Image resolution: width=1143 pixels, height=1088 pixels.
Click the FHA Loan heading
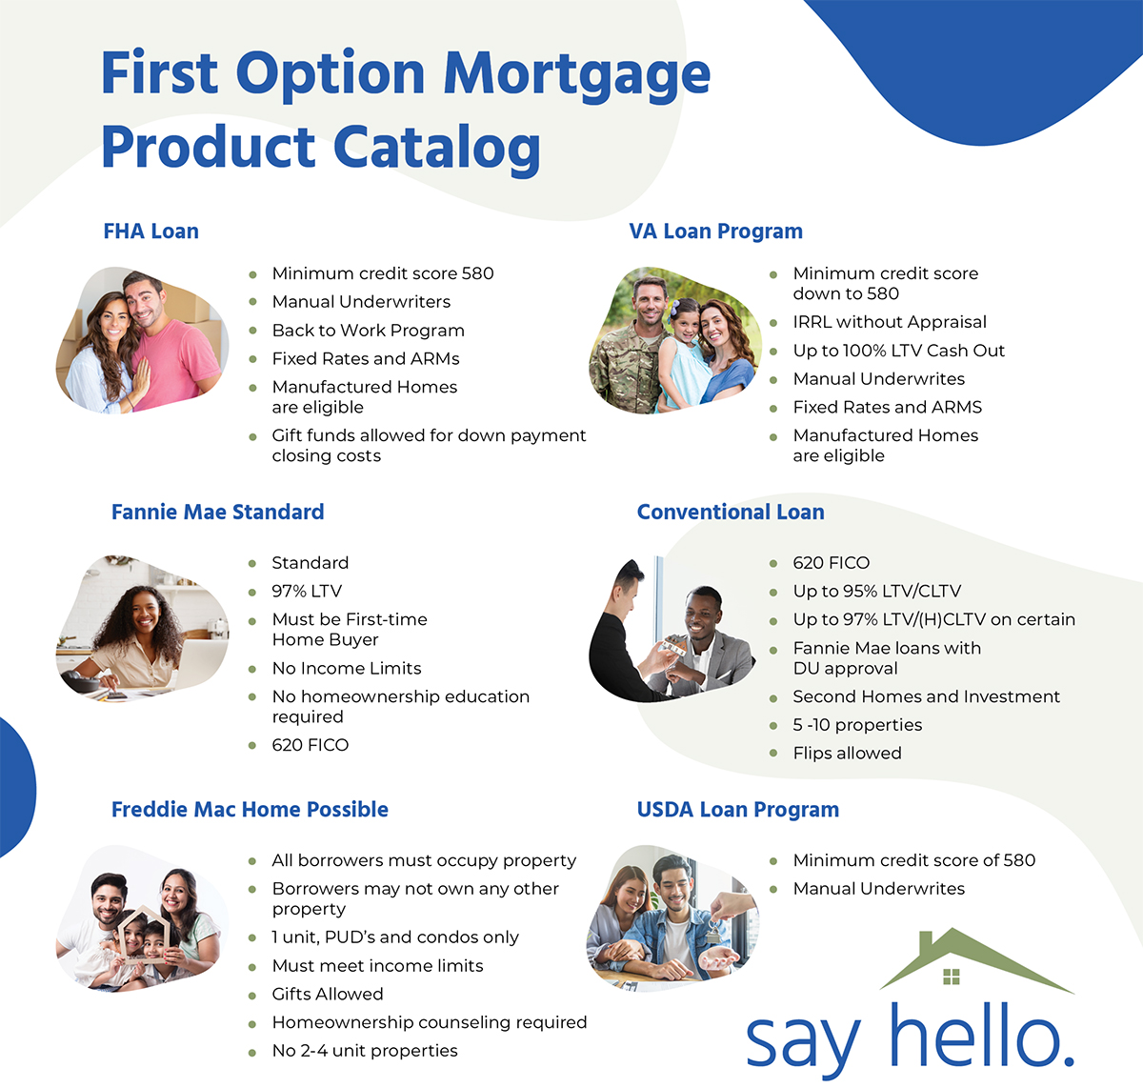pos(150,232)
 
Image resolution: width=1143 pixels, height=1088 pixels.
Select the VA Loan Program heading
pos(715,232)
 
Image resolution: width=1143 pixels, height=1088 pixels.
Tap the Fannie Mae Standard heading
pos(217,513)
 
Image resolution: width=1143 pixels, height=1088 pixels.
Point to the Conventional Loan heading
pos(731,513)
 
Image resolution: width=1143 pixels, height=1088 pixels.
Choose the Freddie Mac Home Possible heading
pos(250,810)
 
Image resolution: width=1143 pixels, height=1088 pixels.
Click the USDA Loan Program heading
pos(738,810)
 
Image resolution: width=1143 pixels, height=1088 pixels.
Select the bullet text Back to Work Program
pos(368,331)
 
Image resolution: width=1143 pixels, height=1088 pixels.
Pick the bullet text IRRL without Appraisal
pos(890,322)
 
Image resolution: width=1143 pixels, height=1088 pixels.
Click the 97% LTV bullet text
pos(307,592)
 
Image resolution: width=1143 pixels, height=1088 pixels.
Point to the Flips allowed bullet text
pos(847,754)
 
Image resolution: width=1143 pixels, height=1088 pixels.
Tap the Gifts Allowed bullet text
pos(328,995)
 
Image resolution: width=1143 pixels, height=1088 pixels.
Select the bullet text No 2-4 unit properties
pos(365,1051)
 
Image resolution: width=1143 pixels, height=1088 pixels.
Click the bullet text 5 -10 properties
pos(857,725)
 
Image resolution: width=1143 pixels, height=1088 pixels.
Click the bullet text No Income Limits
pos(347,669)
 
